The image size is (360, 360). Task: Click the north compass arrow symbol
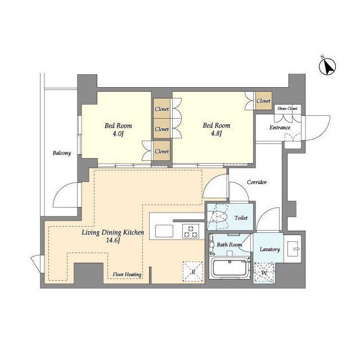click(327, 66)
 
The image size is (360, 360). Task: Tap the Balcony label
click(62, 153)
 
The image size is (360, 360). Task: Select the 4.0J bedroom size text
click(118, 134)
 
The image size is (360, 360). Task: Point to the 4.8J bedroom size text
click(216, 133)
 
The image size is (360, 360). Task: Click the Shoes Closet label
click(287, 109)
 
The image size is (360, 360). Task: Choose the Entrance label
click(280, 128)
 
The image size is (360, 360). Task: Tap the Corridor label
click(257, 182)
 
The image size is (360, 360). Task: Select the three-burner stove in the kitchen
click(191, 231)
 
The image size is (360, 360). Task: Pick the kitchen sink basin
click(164, 231)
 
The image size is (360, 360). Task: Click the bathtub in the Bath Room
click(230, 268)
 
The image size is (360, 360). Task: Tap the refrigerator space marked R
click(193, 272)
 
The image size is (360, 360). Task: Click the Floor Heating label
click(127, 274)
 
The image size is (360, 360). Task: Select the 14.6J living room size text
click(113, 241)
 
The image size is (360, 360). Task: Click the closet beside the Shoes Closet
click(264, 101)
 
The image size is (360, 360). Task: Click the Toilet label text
click(241, 218)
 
